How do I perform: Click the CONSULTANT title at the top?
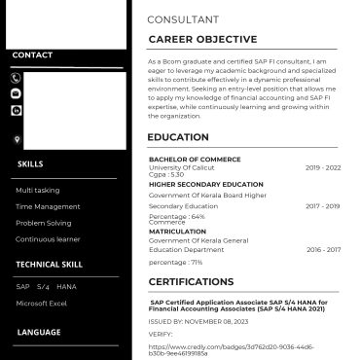[182, 19]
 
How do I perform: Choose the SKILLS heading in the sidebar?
[30, 164]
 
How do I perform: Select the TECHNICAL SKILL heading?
[50, 264]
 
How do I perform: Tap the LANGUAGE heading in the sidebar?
[39, 333]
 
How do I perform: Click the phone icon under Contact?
[16, 78]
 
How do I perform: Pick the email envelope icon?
[16, 93]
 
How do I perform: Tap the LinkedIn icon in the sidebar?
[16, 110]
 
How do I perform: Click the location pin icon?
[17, 140]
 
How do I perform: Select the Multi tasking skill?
[38, 190]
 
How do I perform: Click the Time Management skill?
[49, 206]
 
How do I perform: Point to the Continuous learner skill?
[48, 238]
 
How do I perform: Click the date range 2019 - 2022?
[323, 168]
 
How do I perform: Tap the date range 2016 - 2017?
[323, 249]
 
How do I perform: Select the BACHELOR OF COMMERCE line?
[195, 160]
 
